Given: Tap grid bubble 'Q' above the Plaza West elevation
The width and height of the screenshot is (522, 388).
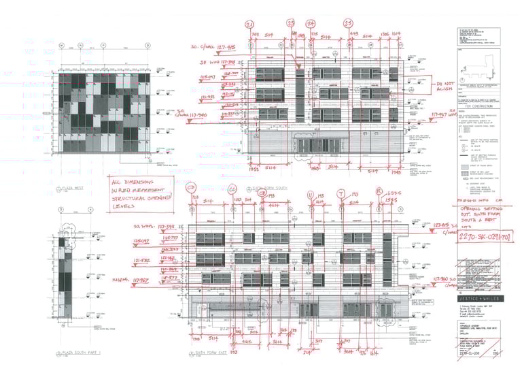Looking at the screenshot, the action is click(80, 46).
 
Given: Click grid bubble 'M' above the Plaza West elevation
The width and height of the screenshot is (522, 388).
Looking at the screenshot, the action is click(61, 46).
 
